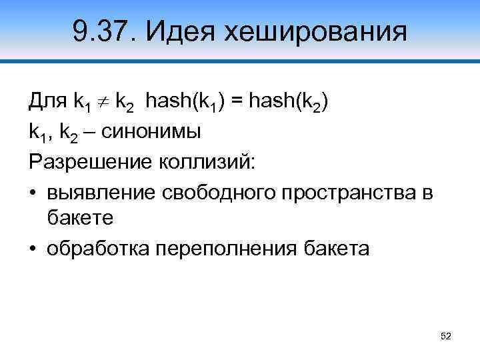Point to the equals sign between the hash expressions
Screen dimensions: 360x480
click(239, 103)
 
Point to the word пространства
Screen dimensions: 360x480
click(351, 193)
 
